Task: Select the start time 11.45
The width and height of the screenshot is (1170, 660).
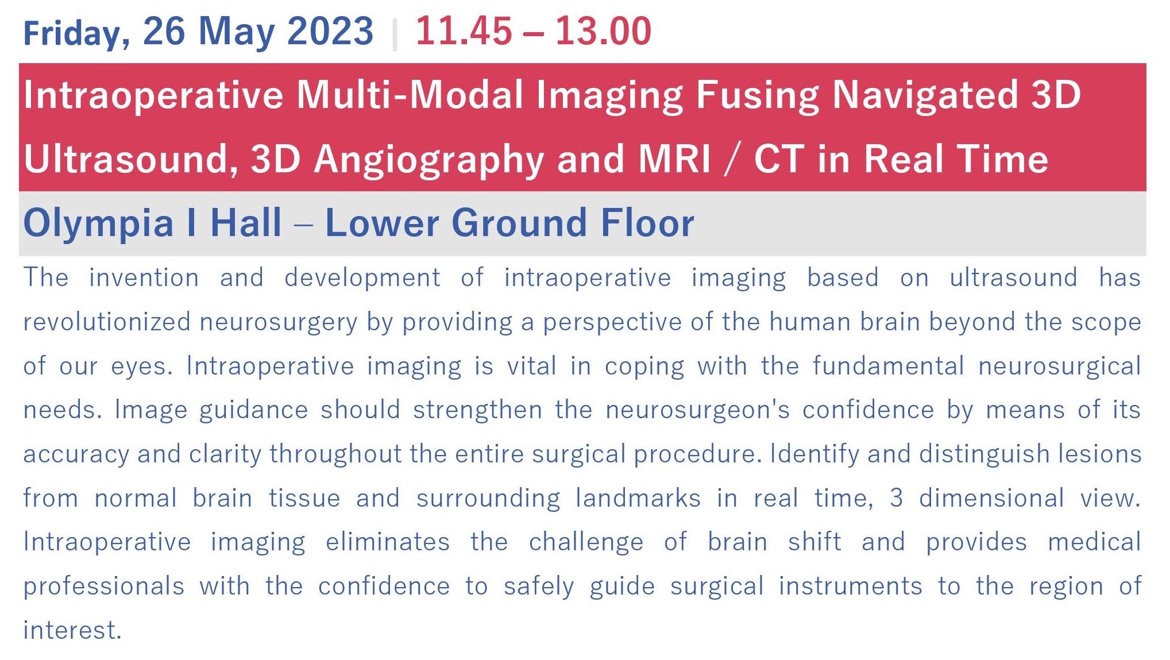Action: (x=464, y=31)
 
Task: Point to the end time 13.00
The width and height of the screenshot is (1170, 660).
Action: (x=603, y=31)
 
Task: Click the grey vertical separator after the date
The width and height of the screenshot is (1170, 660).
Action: (x=395, y=34)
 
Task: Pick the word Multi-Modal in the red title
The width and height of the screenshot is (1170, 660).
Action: (x=410, y=95)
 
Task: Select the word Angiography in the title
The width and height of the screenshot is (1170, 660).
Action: (x=429, y=159)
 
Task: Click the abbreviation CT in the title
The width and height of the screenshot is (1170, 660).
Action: (x=779, y=159)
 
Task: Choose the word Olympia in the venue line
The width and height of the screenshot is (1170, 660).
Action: (x=98, y=223)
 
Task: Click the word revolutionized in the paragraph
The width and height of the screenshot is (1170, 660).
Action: (x=107, y=322)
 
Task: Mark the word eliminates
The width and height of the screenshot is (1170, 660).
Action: (x=388, y=542)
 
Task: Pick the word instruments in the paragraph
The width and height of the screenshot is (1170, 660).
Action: (x=851, y=586)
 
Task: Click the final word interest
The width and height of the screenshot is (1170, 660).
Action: (x=72, y=631)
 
